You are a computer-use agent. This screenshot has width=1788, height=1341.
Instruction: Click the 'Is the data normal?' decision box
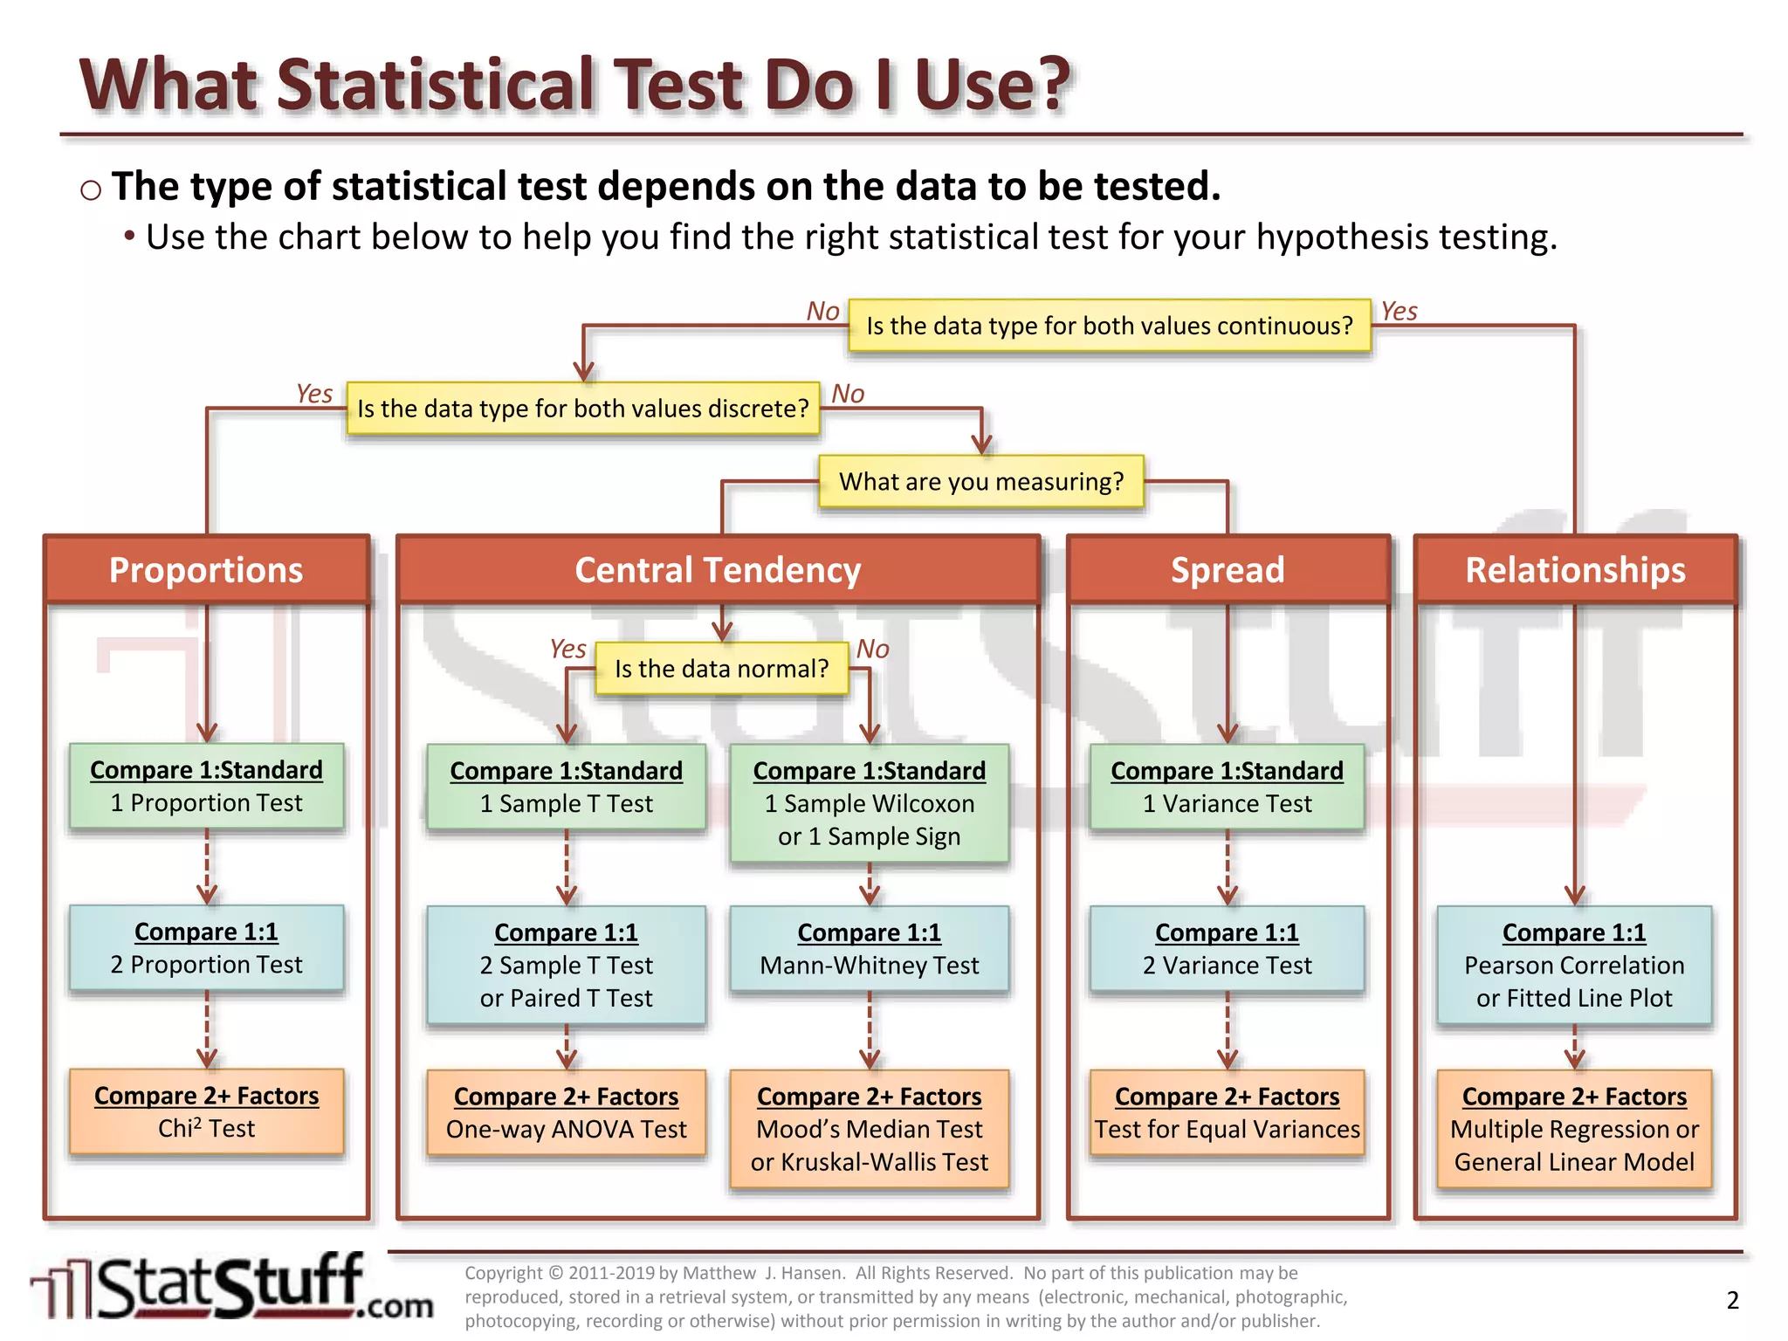[x=721, y=669]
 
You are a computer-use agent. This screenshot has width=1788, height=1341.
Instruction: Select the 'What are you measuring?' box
[x=981, y=482]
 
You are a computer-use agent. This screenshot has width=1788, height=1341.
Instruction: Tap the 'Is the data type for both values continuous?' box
[x=1109, y=326]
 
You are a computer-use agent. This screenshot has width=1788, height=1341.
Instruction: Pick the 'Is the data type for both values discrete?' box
[x=583, y=409]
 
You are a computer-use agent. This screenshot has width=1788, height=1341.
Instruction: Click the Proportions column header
[x=206, y=570]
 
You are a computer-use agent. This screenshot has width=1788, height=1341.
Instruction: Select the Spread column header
[x=1228, y=570]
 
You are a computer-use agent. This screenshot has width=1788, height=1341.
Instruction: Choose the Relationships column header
[x=1575, y=570]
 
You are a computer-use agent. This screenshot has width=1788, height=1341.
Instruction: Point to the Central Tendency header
[x=718, y=570]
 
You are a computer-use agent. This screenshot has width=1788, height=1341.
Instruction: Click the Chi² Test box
[x=206, y=1112]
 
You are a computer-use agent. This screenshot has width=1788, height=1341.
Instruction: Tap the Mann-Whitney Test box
[x=870, y=949]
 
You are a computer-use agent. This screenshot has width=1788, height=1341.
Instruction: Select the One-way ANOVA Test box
[x=566, y=1113]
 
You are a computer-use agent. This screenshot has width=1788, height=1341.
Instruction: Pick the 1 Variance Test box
[x=1227, y=787]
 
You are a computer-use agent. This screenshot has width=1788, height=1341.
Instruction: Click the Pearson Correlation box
[x=1574, y=965]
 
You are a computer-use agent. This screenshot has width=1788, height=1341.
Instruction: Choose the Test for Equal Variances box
[x=1227, y=1113]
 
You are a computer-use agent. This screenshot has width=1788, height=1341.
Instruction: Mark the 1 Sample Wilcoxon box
[x=870, y=803]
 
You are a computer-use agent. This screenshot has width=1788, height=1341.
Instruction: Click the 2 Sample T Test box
[x=566, y=965]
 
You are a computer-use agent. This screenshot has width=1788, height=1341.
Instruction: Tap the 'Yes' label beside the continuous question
[x=1399, y=311]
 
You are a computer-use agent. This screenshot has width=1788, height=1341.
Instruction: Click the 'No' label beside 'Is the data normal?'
[x=872, y=649]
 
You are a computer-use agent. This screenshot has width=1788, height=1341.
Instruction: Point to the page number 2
[x=1732, y=1300]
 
